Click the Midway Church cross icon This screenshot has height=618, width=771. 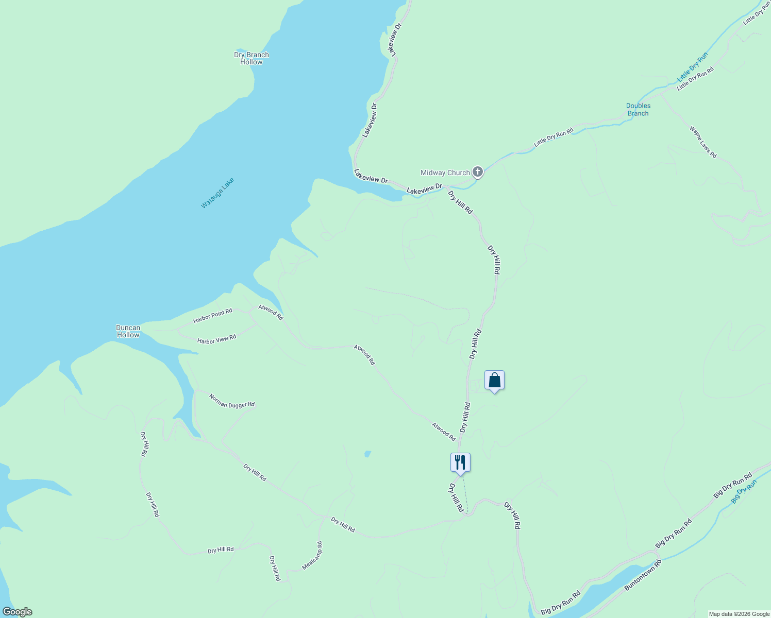pos(478,172)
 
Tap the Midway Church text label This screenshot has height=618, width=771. pos(445,173)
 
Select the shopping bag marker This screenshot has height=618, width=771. pos(494,381)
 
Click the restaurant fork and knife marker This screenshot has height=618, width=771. pos(460,462)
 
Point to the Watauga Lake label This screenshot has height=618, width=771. pos(217,193)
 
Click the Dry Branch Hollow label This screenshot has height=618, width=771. pos(252,58)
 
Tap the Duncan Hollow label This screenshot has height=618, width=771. pos(128,331)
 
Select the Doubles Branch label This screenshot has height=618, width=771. pos(638,110)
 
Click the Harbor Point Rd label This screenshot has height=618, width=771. pos(213,316)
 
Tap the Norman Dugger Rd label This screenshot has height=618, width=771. pos(232,401)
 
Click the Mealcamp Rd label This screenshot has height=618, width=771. pos(312,556)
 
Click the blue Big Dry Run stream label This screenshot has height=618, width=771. pos(744,491)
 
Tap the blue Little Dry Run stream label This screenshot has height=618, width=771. pos(693,66)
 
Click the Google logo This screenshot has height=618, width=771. pos(16,612)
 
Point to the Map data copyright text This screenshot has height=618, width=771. pos(739,614)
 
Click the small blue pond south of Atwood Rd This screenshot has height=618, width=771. pos(367,454)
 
